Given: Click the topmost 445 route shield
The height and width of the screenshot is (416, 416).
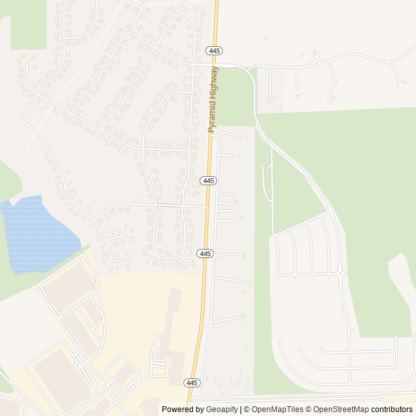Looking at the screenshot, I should pyautogui.click(x=214, y=50).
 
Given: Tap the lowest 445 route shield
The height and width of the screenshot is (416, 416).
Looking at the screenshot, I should pyautogui.click(x=191, y=382).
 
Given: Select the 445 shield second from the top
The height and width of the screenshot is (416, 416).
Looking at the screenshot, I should pyautogui.click(x=207, y=181).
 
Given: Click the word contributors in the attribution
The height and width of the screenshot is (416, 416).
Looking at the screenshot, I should pyautogui.click(x=392, y=409).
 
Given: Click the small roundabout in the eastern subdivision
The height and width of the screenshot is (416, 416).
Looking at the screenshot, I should pyautogui.click(x=341, y=274).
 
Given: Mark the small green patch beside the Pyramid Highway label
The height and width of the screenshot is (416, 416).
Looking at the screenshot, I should pyautogui.click(x=238, y=97).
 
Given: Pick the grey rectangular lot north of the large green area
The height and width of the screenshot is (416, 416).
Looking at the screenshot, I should pyautogui.click(x=277, y=84).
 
